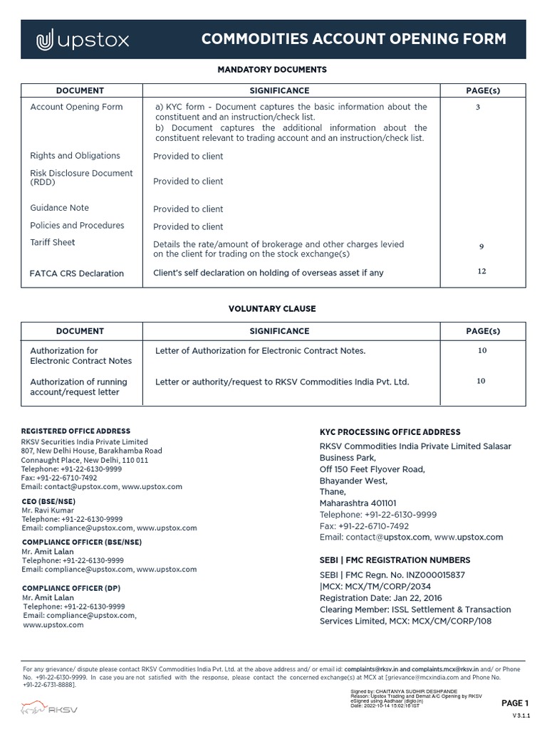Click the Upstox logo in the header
83,41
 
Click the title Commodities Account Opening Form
353,39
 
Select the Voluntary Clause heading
271,309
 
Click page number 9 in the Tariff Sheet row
481,247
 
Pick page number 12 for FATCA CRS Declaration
481,271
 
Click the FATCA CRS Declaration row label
77,273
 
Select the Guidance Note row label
60,208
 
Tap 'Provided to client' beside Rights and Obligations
188,156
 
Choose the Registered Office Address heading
75,431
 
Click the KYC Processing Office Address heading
390,432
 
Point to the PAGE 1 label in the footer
515,703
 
